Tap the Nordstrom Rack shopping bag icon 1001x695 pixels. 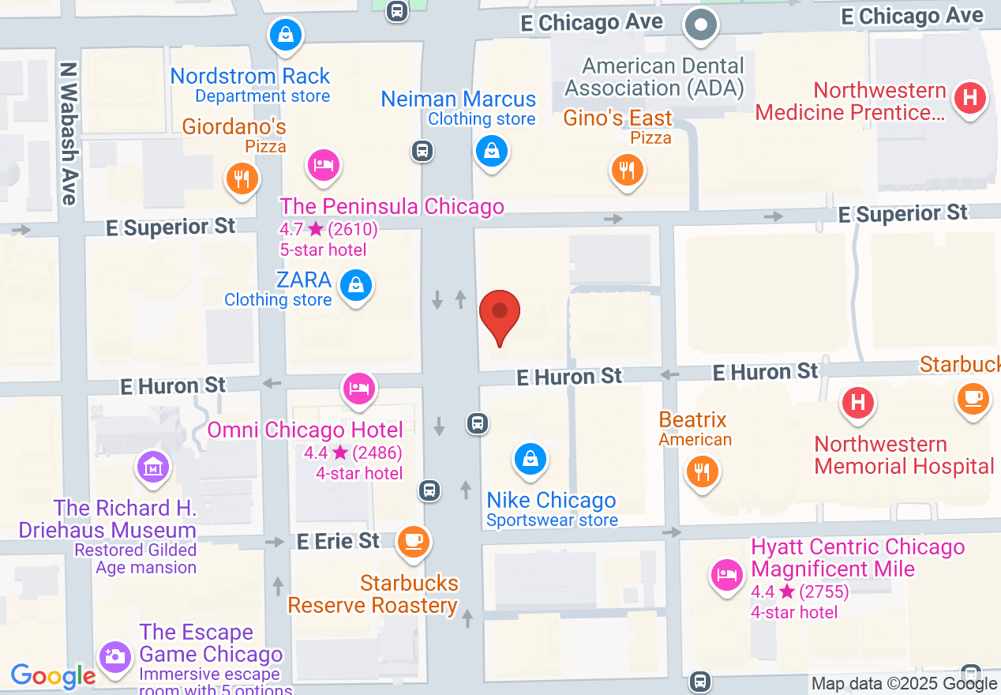point(286,35)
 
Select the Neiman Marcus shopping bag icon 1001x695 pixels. point(492,150)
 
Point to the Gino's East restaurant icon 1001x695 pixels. point(627,170)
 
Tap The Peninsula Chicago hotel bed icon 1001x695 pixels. point(323,165)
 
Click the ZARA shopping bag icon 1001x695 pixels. point(356,285)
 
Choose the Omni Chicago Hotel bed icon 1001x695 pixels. point(359,389)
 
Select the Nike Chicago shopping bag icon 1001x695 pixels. point(530,459)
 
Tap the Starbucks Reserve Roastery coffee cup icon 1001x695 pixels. point(413,541)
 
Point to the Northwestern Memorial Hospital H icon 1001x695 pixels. point(858,403)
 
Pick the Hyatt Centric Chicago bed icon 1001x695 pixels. point(726,574)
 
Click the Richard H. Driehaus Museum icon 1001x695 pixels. point(154,466)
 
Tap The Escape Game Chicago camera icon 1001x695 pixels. point(115,656)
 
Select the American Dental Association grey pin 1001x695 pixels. point(700,24)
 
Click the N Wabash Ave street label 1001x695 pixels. point(69,134)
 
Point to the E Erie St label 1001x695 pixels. point(339,542)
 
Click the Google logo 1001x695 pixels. point(53,676)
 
